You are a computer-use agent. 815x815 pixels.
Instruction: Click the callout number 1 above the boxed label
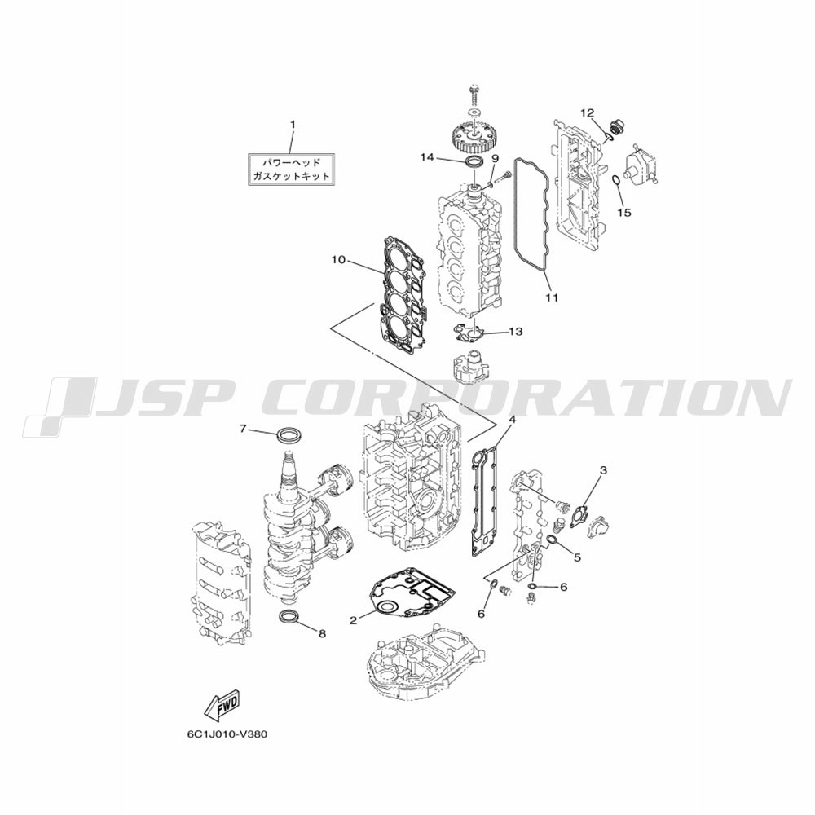[x=292, y=125]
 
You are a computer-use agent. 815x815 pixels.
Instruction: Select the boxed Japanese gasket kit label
[x=291, y=170]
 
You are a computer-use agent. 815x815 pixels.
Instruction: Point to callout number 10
[x=338, y=259]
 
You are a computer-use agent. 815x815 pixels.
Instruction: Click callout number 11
[x=552, y=297]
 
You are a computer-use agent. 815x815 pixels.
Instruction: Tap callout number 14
[x=427, y=157]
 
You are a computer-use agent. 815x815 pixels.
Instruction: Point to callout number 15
[x=624, y=213]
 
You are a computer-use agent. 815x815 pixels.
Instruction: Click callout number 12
[x=588, y=112]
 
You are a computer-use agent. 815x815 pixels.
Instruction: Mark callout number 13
[x=516, y=331]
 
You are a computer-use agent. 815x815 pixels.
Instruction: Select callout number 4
[x=513, y=418]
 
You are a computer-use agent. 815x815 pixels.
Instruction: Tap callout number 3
[x=603, y=470]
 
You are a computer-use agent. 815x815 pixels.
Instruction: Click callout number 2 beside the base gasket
[x=354, y=620]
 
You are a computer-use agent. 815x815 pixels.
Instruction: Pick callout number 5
[x=578, y=557]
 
